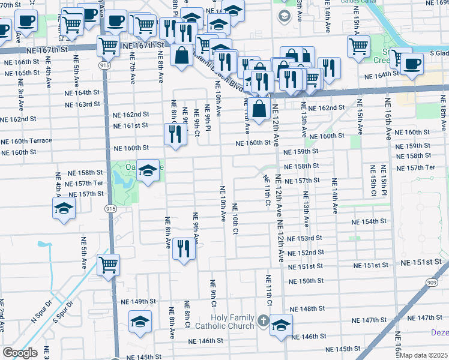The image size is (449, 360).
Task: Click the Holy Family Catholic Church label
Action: click(x=232, y=322)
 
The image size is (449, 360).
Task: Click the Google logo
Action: click(x=20, y=353)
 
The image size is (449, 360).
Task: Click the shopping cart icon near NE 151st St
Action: click(x=108, y=264)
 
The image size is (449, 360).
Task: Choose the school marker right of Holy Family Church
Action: click(x=280, y=325)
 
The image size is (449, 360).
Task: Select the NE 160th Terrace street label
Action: click(x=26, y=140)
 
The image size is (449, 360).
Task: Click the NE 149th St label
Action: click(x=139, y=302)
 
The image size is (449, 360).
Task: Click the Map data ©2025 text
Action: click(x=424, y=355)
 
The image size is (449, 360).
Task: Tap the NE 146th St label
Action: click(x=205, y=340)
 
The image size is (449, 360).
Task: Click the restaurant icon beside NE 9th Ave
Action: click(x=184, y=248)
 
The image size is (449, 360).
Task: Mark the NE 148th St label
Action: click(x=307, y=308)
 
